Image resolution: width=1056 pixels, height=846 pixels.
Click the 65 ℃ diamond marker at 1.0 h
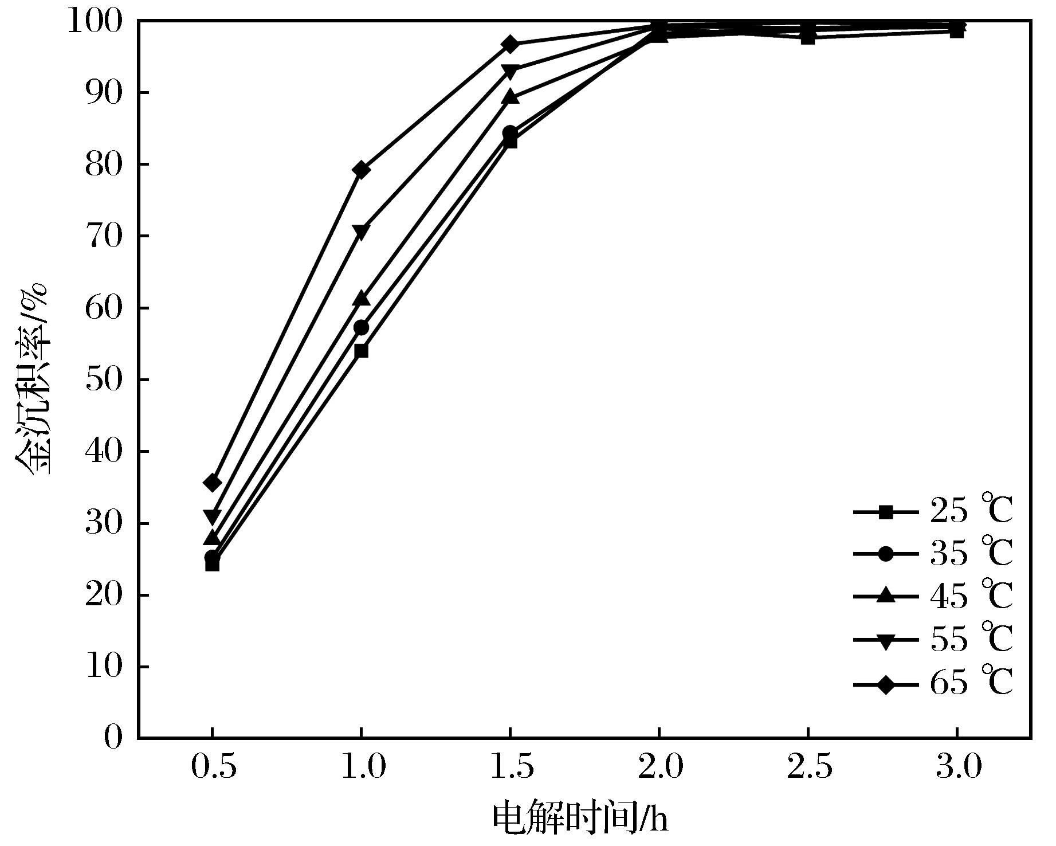[361, 170]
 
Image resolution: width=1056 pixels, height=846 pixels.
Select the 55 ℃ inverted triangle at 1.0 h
[361, 232]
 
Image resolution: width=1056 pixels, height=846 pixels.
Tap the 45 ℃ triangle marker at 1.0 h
[361, 299]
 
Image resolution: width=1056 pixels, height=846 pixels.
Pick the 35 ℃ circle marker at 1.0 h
[361, 328]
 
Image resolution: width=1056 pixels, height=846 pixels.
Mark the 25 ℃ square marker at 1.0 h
[361, 351]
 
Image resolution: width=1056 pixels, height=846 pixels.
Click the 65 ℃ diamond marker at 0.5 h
[212, 483]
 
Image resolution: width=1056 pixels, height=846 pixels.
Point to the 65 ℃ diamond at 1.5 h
[510, 44]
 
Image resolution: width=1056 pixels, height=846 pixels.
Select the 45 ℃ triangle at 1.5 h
[510, 97]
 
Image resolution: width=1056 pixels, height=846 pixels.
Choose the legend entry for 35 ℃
[933, 554]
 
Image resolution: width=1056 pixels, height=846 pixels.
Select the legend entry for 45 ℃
[933, 597]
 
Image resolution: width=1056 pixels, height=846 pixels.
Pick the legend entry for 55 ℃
[933, 639]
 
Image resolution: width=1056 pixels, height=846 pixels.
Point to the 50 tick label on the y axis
[104, 380]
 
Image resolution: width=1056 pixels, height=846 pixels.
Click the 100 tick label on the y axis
[95, 22]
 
